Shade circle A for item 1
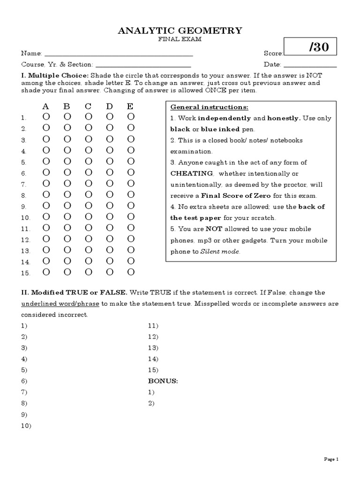46,116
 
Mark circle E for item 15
131,272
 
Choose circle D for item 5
110,161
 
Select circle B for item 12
67,239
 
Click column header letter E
130,106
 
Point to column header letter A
46,106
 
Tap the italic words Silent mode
220,252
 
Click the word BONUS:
163,381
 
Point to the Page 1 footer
331,459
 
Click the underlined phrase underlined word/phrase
60,304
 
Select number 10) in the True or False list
26,426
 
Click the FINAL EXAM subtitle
180,40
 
